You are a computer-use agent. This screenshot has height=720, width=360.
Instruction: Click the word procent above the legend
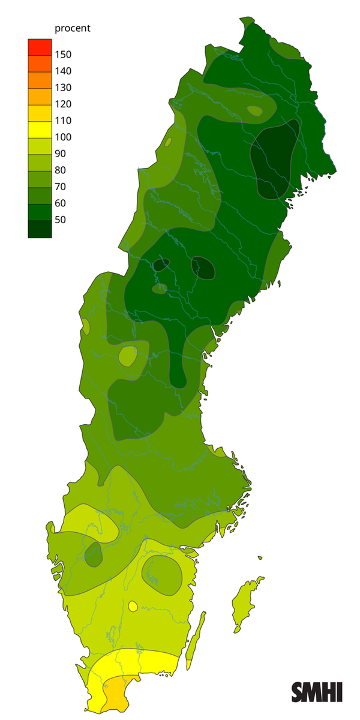click(72, 28)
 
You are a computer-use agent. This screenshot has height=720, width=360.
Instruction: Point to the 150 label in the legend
click(63, 55)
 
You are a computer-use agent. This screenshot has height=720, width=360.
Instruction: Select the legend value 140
click(63, 71)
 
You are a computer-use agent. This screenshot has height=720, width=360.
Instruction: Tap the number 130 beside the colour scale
click(63, 88)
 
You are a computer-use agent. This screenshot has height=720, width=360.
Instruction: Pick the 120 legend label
click(63, 104)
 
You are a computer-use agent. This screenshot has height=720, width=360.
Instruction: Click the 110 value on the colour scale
click(63, 121)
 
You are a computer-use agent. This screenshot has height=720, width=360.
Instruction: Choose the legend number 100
click(63, 137)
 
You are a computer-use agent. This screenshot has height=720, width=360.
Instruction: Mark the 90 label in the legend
click(60, 154)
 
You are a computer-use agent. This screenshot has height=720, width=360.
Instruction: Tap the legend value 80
click(60, 170)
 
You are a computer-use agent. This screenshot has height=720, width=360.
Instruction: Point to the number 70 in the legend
click(60, 187)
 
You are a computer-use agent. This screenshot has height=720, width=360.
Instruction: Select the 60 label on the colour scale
click(60, 203)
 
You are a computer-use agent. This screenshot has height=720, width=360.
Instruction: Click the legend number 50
click(60, 220)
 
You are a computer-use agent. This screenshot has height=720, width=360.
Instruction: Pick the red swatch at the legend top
click(40, 46)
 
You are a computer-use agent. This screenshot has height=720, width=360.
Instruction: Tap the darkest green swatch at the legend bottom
click(40, 229)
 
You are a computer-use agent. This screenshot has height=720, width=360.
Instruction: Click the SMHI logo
click(317, 692)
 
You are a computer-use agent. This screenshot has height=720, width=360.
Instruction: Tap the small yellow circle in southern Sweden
click(133, 607)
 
